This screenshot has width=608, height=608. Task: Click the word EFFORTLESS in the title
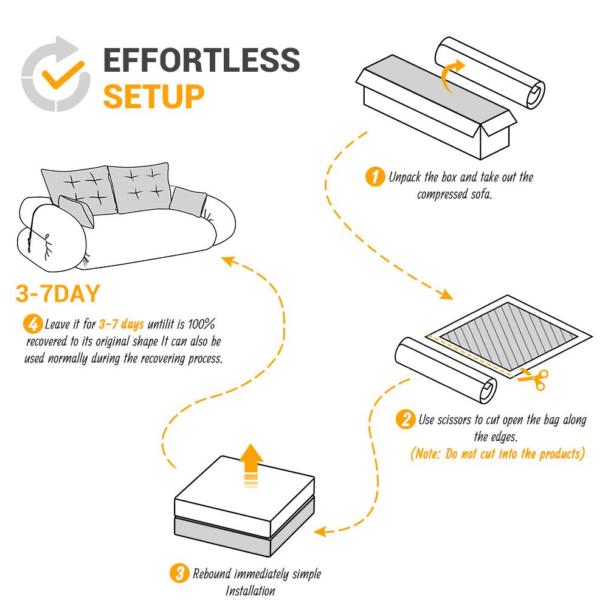[201, 60]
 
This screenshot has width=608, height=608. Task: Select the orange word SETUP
[153, 95]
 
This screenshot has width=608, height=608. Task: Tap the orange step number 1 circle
[375, 178]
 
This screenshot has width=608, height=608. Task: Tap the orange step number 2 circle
[405, 420]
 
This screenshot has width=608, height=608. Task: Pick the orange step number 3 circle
[179, 573]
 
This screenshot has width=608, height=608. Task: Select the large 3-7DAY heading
[57, 294]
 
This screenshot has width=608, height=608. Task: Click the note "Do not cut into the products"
[497, 454]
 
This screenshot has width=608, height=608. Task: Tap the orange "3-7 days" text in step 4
[121, 324]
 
